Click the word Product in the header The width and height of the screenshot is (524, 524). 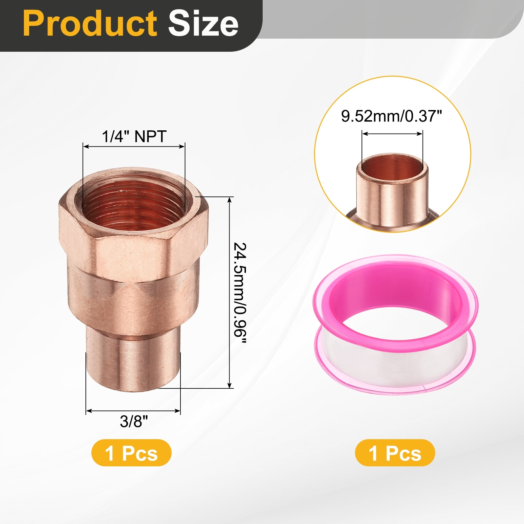click(90, 23)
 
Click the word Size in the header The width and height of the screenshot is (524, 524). click(203, 23)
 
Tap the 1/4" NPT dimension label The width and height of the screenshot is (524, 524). click(134, 136)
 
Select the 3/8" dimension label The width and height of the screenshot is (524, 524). click(134, 421)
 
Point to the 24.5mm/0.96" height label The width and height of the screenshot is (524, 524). click(240, 293)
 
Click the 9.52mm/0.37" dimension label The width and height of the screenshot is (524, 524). click(392, 116)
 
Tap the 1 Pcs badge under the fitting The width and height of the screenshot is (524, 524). click(131, 453)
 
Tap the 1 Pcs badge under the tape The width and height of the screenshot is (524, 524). click(395, 453)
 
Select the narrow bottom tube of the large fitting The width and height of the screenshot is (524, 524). click(133, 364)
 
